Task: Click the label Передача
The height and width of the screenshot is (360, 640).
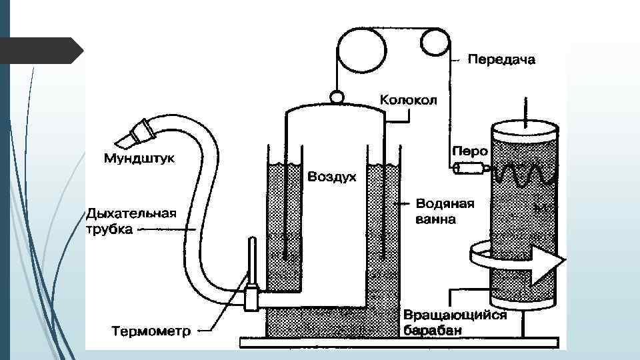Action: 501,60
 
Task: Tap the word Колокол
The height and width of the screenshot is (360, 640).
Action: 408,100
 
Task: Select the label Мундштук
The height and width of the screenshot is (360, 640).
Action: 139,159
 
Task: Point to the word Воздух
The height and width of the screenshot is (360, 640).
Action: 332,177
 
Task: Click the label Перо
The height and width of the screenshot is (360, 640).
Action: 470,151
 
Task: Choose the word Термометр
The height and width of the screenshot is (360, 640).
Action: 151,330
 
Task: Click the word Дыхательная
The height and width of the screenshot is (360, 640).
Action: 131,213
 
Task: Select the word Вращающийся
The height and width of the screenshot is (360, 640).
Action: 455,315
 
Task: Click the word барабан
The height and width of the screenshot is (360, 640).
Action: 433,329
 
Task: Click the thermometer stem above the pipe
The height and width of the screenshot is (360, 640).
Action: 252,261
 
